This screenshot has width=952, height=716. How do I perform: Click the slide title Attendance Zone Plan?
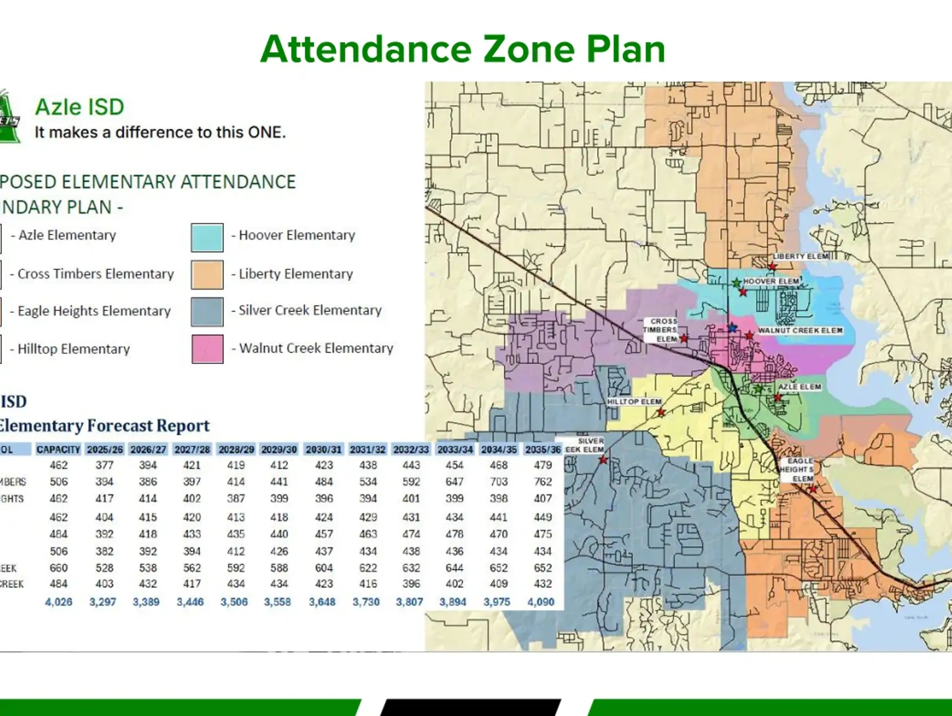[x=463, y=49]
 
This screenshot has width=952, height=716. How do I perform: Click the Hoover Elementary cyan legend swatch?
[x=207, y=237]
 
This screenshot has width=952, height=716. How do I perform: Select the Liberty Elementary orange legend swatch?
[x=207, y=274]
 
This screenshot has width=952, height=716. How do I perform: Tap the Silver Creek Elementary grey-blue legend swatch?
[x=207, y=312]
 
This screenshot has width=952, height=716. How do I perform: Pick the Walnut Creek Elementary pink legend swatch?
[x=207, y=349]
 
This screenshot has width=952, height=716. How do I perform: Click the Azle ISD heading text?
[x=80, y=107]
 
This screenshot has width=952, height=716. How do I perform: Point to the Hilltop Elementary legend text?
[x=73, y=349]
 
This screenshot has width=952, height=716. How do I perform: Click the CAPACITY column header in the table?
[x=58, y=449]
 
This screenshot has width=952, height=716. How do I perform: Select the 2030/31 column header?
[x=324, y=449]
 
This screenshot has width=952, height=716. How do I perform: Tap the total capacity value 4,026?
[x=58, y=602]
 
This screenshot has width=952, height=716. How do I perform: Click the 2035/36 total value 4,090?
[x=541, y=602]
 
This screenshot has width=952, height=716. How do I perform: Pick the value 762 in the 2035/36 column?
[x=543, y=481]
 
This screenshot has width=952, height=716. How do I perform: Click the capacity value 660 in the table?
[x=58, y=568]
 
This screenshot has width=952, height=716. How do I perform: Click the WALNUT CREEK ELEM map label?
[x=800, y=330]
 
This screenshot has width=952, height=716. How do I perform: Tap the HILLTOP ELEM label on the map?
[x=634, y=402]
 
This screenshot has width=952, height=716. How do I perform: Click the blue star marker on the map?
[x=732, y=327]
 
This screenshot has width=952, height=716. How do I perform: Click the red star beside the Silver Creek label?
[x=603, y=460]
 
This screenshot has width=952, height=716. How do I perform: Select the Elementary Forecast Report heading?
[x=105, y=425]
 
